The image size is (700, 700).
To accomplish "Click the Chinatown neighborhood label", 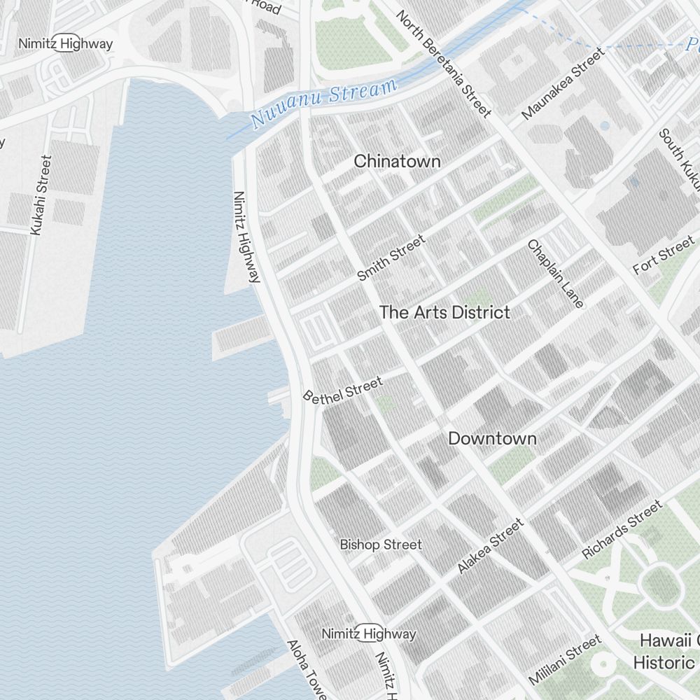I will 397,161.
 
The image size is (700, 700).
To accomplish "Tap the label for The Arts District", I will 444,312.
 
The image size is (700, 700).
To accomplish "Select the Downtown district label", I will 492,439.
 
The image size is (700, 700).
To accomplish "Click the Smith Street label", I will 391,258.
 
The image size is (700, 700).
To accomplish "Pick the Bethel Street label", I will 343,389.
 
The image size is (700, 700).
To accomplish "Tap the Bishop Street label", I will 381,545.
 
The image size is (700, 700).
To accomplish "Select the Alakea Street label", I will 490,546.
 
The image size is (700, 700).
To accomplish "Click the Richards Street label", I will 622,530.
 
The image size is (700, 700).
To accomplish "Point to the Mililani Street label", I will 564,659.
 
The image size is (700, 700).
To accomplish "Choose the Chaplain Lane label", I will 555,274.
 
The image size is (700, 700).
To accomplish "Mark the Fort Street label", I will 664,255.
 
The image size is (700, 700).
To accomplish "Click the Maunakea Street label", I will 563,83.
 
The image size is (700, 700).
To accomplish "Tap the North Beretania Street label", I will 444,63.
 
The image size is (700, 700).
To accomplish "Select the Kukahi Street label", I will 41,195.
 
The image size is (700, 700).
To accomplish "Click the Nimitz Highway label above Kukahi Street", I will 65,43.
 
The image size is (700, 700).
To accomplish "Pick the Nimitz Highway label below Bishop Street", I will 369,634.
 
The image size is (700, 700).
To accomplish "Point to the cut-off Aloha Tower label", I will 306,669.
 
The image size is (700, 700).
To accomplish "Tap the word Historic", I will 664,662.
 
